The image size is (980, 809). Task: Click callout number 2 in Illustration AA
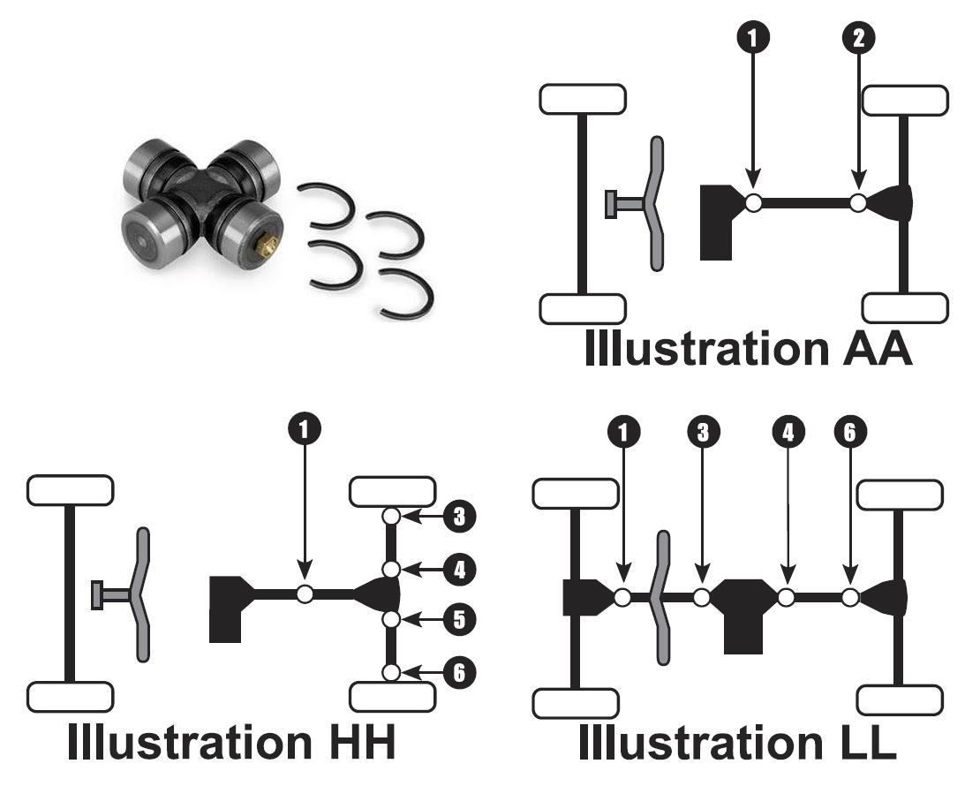coord(858,37)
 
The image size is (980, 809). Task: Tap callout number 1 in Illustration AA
coord(752,37)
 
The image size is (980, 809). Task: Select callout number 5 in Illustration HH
coord(456,620)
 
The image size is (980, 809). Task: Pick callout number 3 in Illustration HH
coord(456,517)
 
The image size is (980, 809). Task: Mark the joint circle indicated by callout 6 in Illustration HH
coord(392,673)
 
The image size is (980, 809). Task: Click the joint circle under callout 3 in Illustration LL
coord(702,598)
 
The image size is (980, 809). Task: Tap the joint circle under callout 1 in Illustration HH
coord(305,594)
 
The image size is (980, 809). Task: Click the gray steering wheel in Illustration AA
coord(654,203)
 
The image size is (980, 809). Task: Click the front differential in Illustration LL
coord(584,597)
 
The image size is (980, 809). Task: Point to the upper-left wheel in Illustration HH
coord(70,490)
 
